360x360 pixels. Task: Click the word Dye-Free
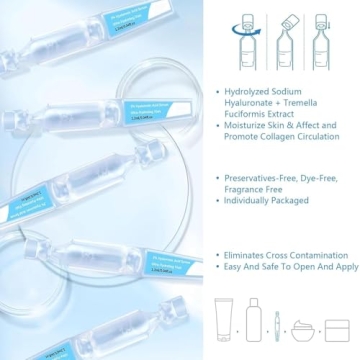(321, 177)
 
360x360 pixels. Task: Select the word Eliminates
(250, 255)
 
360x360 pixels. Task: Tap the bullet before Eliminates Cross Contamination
(219, 255)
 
